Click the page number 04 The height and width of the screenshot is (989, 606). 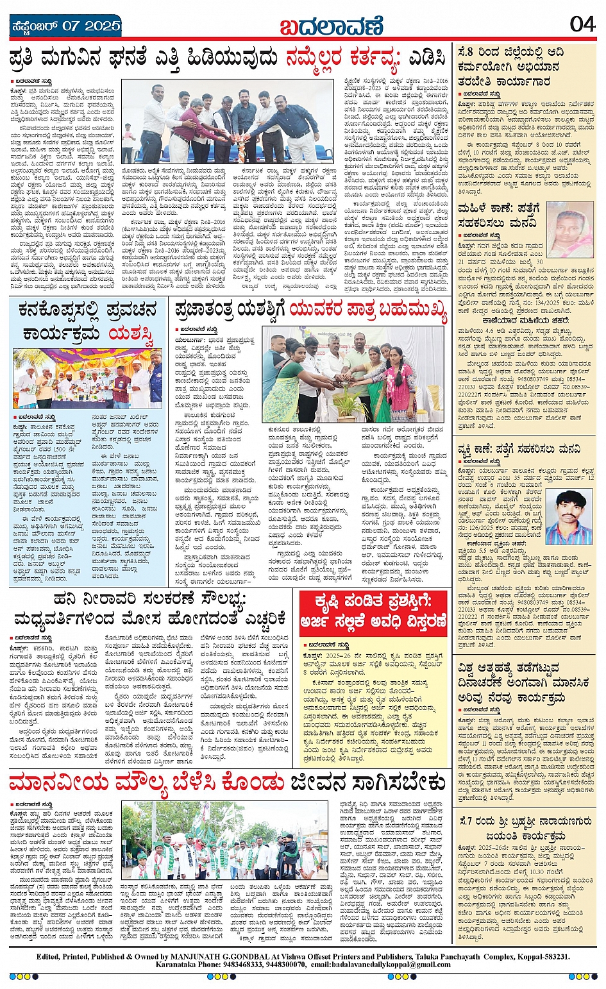point(583,24)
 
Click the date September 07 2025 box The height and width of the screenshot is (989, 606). point(66,26)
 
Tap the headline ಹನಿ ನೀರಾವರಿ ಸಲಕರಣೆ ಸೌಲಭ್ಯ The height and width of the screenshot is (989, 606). point(151,610)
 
